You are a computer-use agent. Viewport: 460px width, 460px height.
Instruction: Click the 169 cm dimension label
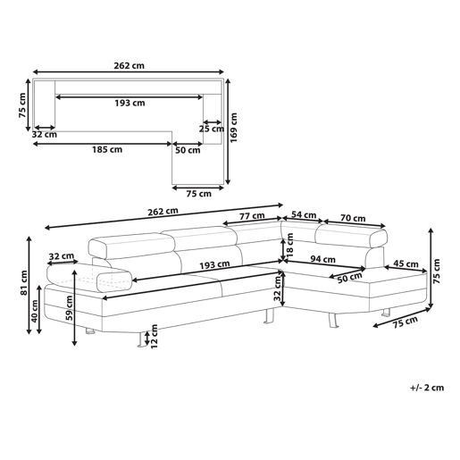click(x=234, y=128)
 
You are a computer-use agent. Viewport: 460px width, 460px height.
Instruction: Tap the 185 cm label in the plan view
click(x=107, y=149)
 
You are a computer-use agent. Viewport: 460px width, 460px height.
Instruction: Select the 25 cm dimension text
click(x=212, y=129)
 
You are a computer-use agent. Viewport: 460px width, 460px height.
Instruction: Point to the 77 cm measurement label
click(x=252, y=216)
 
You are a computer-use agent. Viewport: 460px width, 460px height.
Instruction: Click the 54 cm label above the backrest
click(x=304, y=214)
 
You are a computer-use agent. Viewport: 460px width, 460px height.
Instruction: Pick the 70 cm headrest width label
click(x=353, y=218)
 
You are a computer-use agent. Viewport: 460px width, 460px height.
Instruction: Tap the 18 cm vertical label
click(x=289, y=245)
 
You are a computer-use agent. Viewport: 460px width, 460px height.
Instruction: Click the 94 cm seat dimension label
click(x=322, y=259)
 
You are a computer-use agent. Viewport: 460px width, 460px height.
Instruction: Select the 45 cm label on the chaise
click(x=406, y=263)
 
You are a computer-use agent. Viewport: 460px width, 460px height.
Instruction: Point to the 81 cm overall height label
click(x=24, y=283)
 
